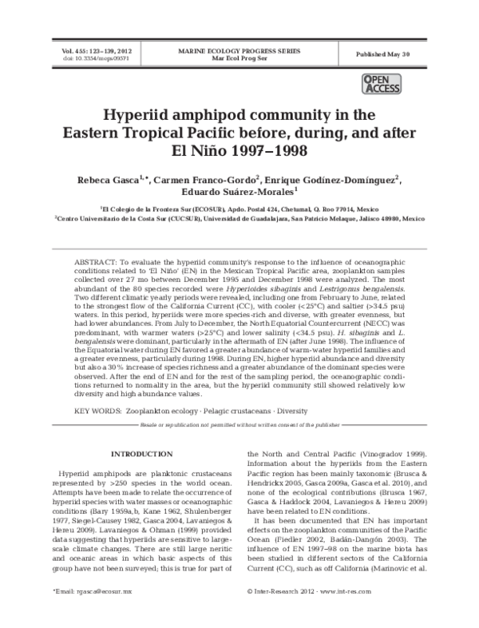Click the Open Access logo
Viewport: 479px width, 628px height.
[381, 84]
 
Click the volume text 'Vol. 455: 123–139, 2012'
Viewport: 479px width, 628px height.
[97, 50]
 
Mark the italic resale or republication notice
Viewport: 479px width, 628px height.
[239, 423]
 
